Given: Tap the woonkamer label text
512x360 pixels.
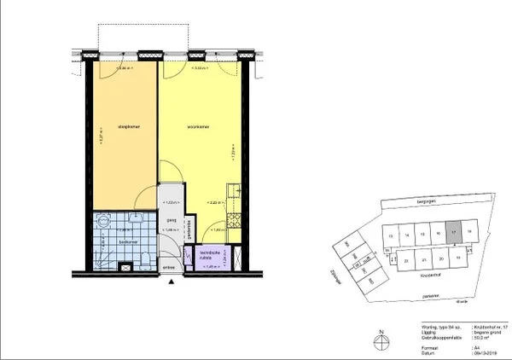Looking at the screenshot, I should point(198,127).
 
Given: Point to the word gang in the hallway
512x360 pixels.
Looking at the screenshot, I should point(169,217).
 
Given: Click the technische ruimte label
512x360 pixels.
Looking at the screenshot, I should point(210,254).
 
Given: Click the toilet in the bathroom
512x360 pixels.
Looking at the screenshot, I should point(146,258).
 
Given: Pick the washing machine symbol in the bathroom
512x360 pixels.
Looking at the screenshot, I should point(125,265).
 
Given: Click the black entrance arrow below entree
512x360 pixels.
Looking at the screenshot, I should point(171,280).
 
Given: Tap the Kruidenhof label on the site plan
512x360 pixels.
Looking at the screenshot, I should point(429,276).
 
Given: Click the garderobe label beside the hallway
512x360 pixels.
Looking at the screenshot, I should point(189,228).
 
